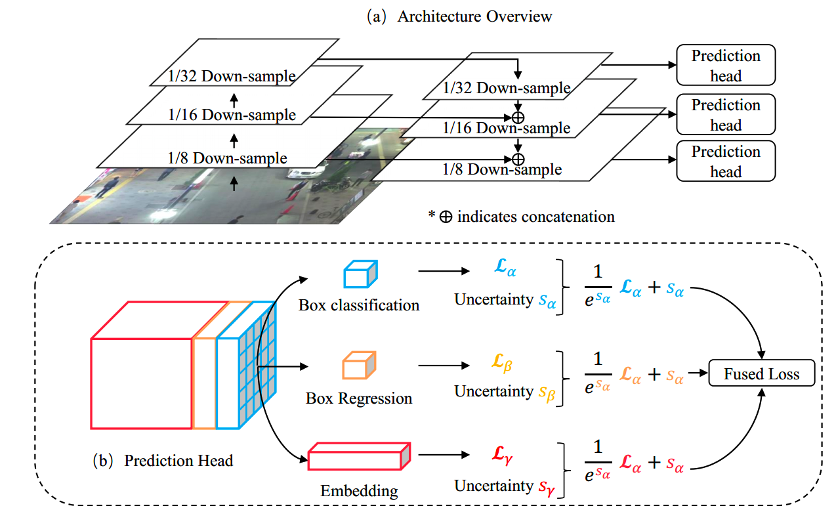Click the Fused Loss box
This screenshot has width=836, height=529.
(x=762, y=374)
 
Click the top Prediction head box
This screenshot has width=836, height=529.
(x=726, y=65)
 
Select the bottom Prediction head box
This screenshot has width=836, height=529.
(x=726, y=161)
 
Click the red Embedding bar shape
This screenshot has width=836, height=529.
(x=360, y=457)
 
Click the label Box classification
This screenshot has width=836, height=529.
(x=358, y=305)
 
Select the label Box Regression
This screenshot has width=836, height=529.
(x=359, y=398)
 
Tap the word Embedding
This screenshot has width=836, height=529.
(x=359, y=490)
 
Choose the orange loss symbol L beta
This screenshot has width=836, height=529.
(x=503, y=362)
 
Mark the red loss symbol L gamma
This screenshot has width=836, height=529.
(x=503, y=454)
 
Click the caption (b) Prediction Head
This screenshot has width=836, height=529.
(x=163, y=460)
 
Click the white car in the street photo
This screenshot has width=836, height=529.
(x=303, y=174)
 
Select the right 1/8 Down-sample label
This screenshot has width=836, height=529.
(x=501, y=169)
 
